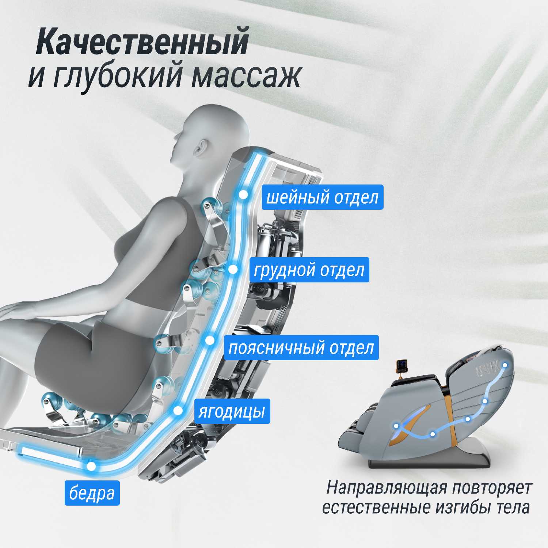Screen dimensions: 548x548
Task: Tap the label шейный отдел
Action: click(323, 197)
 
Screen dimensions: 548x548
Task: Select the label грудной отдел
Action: click(309, 270)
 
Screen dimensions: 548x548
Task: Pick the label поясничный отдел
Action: click(301, 347)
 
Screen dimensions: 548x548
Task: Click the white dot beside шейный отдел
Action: click(243, 195)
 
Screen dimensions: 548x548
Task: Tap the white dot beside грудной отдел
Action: click(233, 270)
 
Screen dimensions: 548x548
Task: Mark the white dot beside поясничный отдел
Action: click(210, 340)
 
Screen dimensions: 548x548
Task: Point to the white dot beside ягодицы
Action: click(178, 411)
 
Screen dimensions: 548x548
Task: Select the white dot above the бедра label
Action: click(91, 466)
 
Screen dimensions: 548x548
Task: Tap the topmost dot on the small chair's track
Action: click(505, 365)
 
